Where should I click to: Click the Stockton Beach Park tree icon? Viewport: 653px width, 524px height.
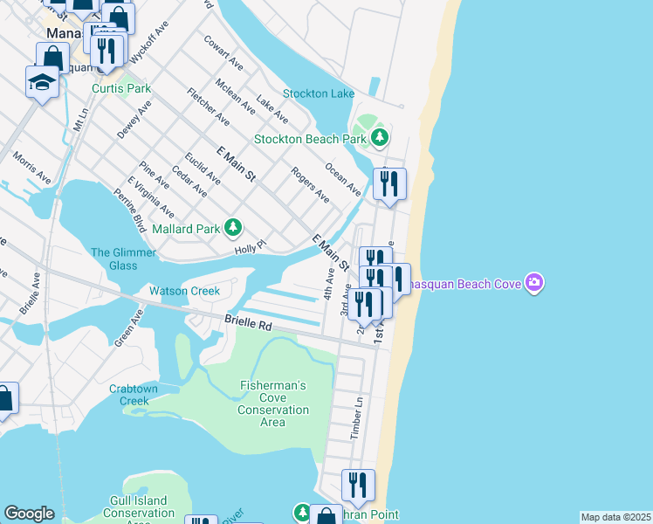click(x=379, y=138)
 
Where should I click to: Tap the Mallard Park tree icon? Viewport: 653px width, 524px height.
click(x=232, y=229)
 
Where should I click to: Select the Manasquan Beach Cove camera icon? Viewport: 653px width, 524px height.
click(x=534, y=282)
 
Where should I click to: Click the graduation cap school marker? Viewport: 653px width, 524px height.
click(x=42, y=82)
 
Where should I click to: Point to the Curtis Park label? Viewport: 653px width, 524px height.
click(x=122, y=88)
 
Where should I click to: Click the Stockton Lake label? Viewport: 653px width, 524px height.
click(x=318, y=93)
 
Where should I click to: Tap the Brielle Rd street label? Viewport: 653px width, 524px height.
click(x=248, y=322)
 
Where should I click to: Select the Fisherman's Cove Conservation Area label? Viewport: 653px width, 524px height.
click(x=273, y=403)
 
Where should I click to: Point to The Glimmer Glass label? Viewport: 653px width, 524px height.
click(x=123, y=259)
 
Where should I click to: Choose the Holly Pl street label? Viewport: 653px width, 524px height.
click(x=249, y=250)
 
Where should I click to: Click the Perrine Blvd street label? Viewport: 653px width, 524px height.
click(x=130, y=210)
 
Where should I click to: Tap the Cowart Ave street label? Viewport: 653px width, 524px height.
click(x=223, y=52)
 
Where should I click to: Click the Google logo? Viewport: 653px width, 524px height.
click(x=29, y=514)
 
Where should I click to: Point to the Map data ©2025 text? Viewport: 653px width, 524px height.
click(x=615, y=517)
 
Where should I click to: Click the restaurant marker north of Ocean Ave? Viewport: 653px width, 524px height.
click(x=389, y=183)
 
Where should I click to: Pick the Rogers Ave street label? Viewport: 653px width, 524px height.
click(x=310, y=185)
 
